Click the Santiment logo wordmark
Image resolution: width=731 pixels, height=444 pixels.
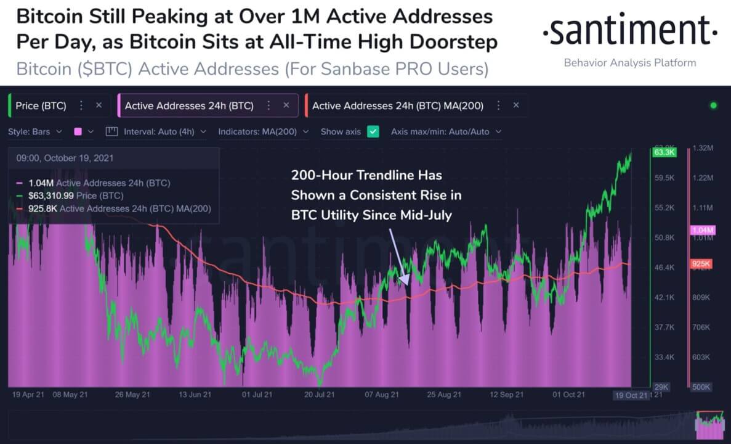click(629, 33)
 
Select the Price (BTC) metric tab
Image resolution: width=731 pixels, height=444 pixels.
click(41, 105)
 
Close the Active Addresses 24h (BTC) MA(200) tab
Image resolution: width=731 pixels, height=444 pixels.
click(516, 105)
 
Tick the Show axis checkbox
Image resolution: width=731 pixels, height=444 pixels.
click(373, 131)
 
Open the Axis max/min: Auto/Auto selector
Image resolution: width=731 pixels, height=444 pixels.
click(446, 131)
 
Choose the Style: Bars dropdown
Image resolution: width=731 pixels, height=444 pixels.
click(35, 131)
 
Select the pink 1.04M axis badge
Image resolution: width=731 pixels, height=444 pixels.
click(701, 230)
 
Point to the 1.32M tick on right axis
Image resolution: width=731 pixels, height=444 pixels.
click(703, 149)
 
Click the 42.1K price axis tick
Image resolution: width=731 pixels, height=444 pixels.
click(665, 297)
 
